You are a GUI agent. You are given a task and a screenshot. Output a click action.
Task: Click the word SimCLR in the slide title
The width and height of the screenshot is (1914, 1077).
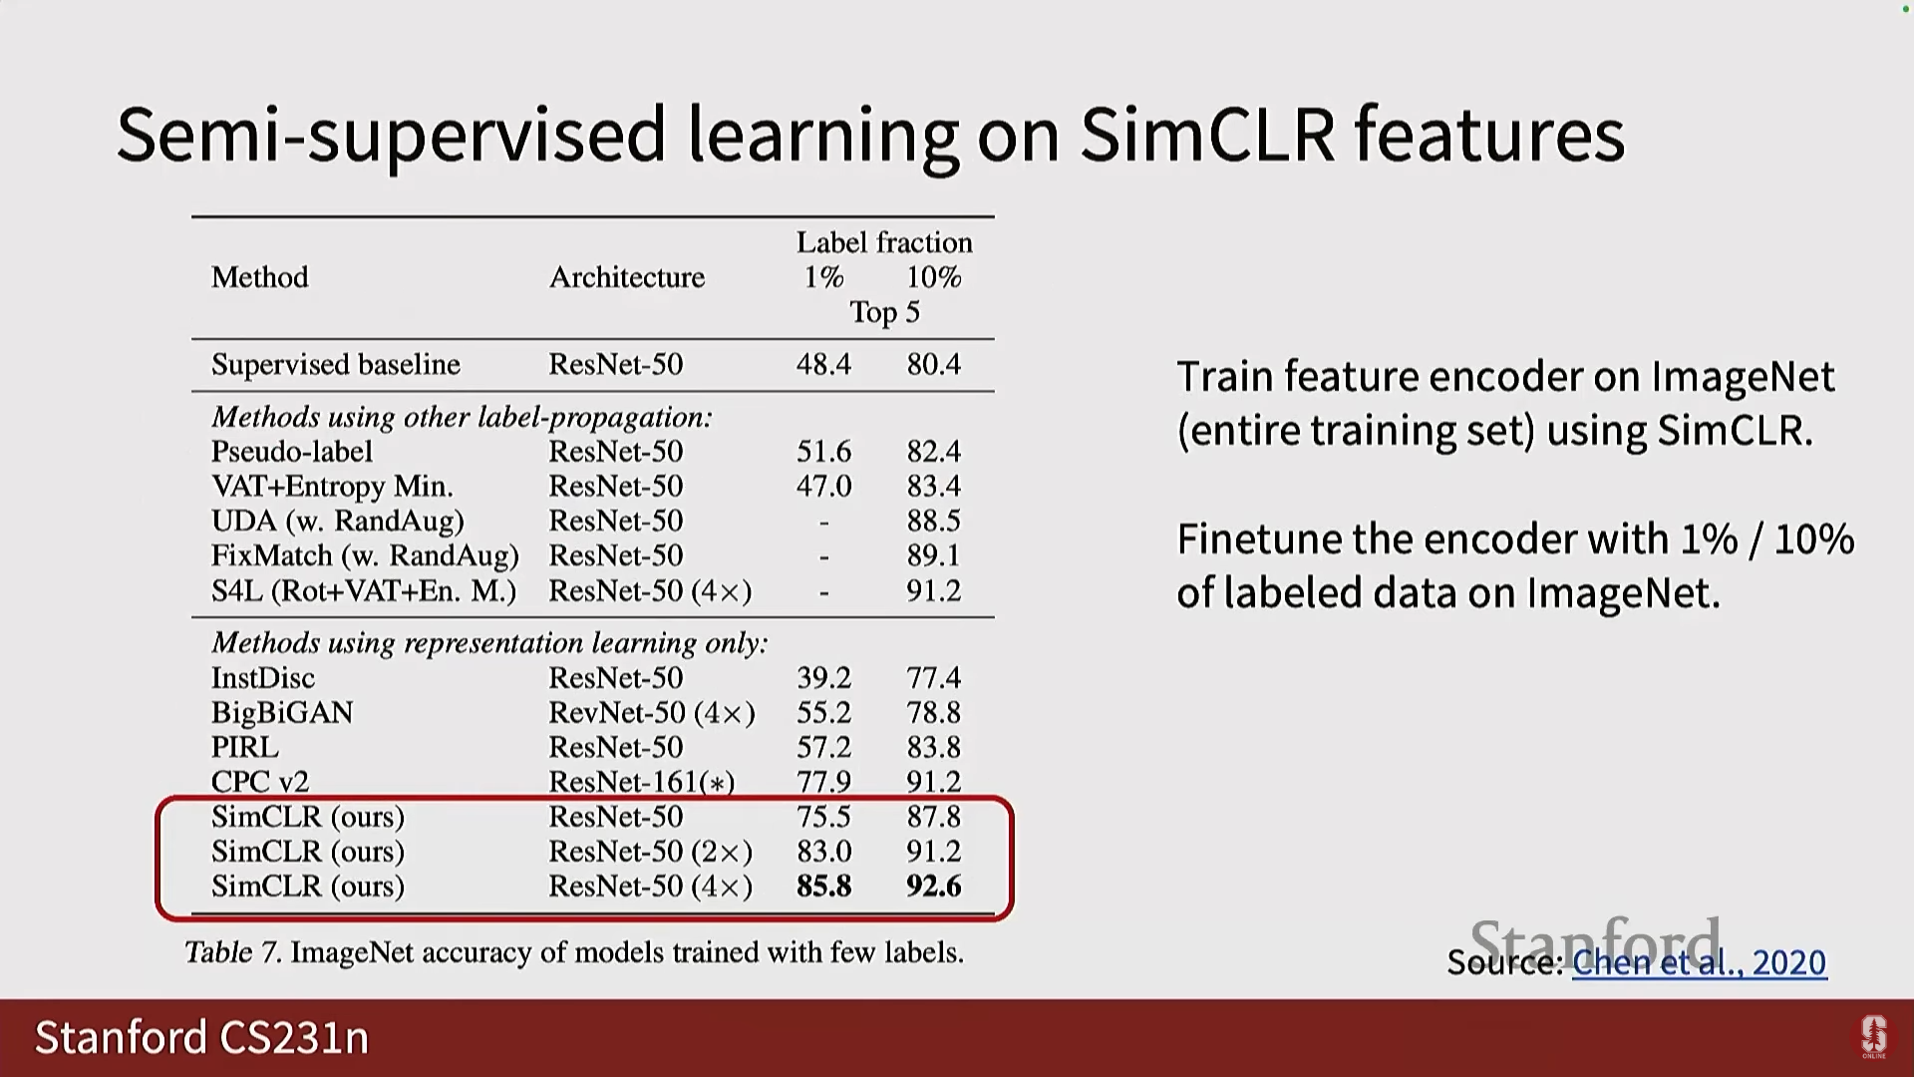coord(1207,135)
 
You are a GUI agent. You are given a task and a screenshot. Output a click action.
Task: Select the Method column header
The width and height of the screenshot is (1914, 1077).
coord(260,276)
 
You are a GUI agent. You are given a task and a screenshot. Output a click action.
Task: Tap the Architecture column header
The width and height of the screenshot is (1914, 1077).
coord(627,276)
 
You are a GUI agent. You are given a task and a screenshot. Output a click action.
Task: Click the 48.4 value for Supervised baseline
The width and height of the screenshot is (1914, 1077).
coord(823,364)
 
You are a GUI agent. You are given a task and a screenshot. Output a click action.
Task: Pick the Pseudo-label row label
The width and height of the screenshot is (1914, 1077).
coord(292,452)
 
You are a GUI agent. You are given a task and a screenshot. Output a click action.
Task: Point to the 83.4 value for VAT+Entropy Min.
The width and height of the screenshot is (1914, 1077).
coord(934,486)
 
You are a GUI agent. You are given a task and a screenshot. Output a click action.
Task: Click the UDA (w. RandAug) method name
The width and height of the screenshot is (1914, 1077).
coord(338,521)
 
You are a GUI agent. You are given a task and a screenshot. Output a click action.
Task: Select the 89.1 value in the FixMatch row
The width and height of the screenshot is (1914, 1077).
coord(934,555)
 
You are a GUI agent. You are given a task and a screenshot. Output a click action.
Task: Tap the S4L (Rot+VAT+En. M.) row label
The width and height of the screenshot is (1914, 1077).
coord(364,591)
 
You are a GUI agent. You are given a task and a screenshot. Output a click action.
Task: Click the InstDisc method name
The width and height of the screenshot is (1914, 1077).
coord(263,678)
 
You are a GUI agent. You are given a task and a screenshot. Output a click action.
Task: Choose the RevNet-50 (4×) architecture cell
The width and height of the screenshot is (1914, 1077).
coord(652,713)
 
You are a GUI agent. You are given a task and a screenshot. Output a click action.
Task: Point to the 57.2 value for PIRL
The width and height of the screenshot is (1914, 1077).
coord(823,747)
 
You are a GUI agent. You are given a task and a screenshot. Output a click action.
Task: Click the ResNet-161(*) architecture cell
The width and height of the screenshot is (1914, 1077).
coord(642,782)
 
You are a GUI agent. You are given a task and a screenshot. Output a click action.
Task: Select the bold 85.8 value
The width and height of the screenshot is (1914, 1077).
coord(823,887)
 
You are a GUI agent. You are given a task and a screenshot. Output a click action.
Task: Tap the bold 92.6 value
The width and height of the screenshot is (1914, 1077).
coord(934,887)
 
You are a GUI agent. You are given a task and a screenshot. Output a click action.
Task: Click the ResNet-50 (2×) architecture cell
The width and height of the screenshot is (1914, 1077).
coord(651,852)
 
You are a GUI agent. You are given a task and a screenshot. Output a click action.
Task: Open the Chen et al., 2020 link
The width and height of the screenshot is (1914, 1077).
coord(1700,962)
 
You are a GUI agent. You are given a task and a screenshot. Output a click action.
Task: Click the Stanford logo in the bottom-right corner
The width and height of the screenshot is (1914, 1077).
coord(1874,1037)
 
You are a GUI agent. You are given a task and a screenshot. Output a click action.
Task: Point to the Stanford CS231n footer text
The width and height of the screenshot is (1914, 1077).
coord(202,1038)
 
